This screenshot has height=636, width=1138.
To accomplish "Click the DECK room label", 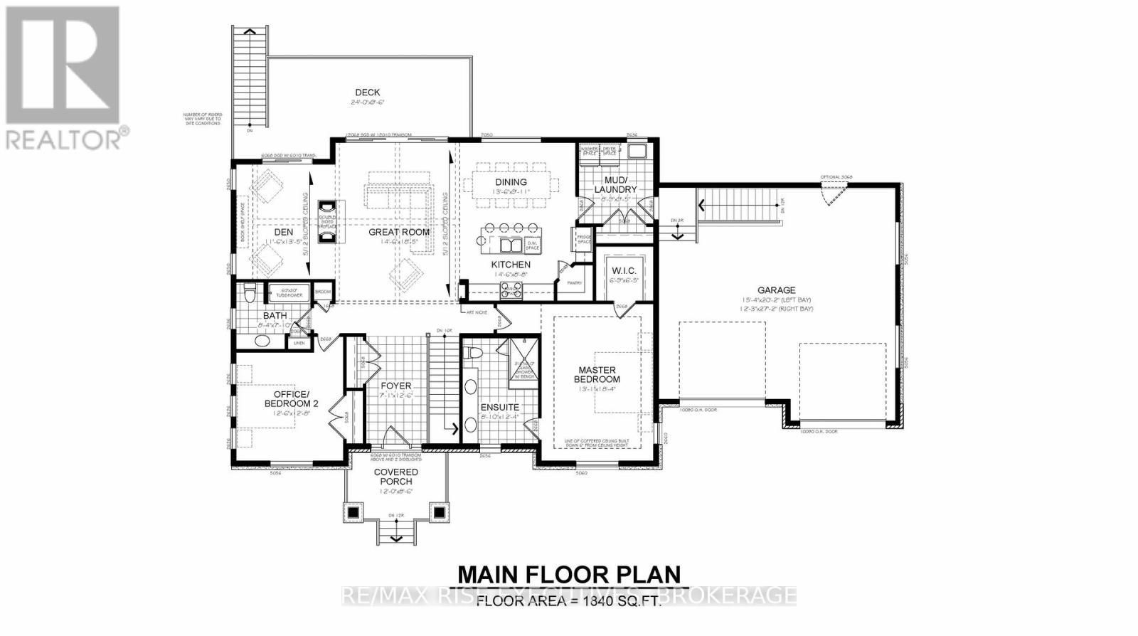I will tap(367, 92).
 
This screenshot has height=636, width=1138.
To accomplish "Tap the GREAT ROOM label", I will tap(398, 232).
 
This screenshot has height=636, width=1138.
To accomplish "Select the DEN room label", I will tap(283, 232).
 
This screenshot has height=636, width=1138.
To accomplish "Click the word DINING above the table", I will tap(511, 182).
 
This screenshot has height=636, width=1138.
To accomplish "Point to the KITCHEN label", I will tap(511, 265).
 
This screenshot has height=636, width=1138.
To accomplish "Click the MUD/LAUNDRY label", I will tap(615, 185).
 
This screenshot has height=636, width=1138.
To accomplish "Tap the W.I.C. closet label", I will tap(624, 271).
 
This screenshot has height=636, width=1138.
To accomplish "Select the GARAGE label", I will tap(776, 290).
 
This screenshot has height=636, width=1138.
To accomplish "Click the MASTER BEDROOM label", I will tap(597, 375).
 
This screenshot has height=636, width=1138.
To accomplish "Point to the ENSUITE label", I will tap(500, 408).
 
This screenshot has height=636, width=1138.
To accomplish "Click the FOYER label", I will tap(395, 386).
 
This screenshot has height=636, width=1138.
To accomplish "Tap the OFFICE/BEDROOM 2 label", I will tap(292, 398).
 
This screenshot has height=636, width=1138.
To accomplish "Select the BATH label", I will tap(275, 316).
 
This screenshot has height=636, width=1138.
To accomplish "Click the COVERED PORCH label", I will tap(396, 477).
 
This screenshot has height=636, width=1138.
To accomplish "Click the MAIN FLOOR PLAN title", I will tap(568, 574).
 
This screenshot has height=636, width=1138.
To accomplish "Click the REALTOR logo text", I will tap(64, 139).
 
